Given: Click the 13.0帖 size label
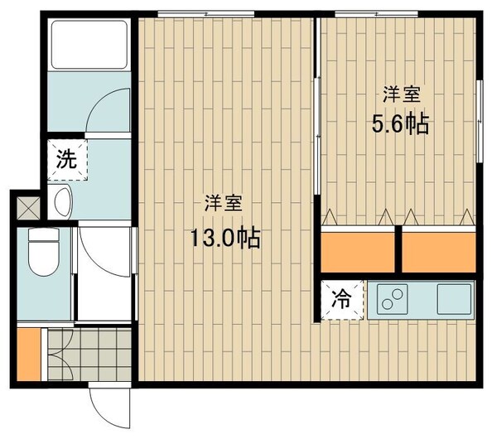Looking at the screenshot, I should (x=225, y=239).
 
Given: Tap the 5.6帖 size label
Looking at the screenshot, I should (x=400, y=124).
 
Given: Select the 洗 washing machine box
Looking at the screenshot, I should (x=65, y=161).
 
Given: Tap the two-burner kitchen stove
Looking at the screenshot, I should (x=393, y=298).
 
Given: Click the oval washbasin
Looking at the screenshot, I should (x=61, y=200).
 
